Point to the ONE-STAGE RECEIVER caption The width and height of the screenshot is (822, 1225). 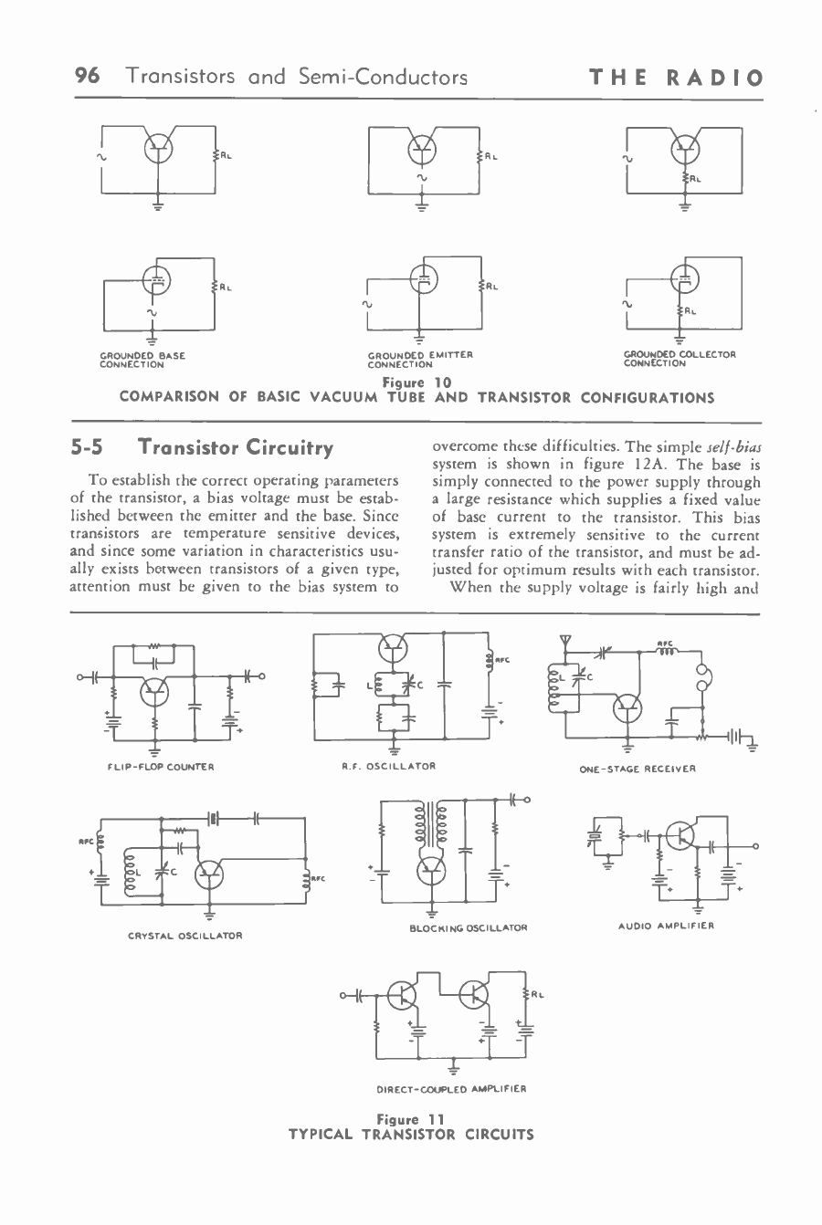pyautogui.click(x=638, y=769)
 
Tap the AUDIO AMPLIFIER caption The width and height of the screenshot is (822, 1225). pyautogui.click(x=665, y=926)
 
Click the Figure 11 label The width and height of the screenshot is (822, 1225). pyautogui.click(x=410, y=1119)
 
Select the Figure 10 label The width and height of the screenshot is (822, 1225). pyautogui.click(x=410, y=384)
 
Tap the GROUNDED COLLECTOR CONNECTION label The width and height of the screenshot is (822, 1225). pyautogui.click(x=680, y=358)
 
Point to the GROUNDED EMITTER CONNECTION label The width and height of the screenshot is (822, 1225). pyautogui.click(x=419, y=359)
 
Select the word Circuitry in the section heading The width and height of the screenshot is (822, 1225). pyautogui.click(x=285, y=448)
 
